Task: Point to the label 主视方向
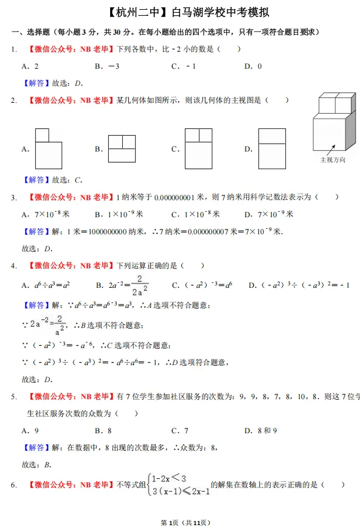coord(333,160)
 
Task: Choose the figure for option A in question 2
coord(48,148)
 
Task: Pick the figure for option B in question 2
coord(122,148)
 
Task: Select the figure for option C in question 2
coord(198,148)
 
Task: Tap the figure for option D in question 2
coord(272,148)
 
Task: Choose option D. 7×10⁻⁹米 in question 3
coord(269,214)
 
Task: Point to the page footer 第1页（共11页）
coord(180,522)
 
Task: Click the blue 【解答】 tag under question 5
coord(36,448)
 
